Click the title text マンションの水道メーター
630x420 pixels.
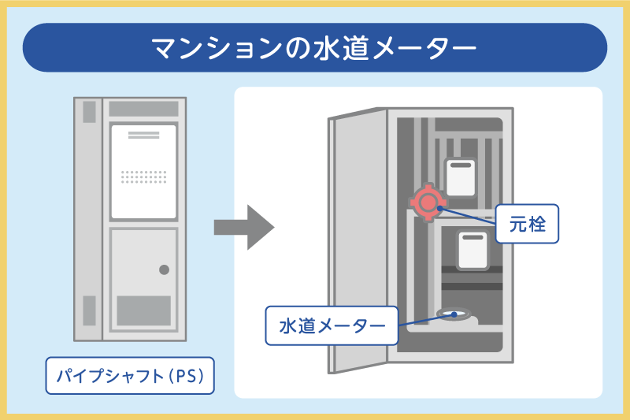314,48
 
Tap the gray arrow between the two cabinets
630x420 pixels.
243,228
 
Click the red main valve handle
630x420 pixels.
427,203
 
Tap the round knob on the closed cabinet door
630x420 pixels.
164,270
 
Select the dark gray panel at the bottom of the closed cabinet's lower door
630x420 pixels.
143,310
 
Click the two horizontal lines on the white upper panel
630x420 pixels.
143,135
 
